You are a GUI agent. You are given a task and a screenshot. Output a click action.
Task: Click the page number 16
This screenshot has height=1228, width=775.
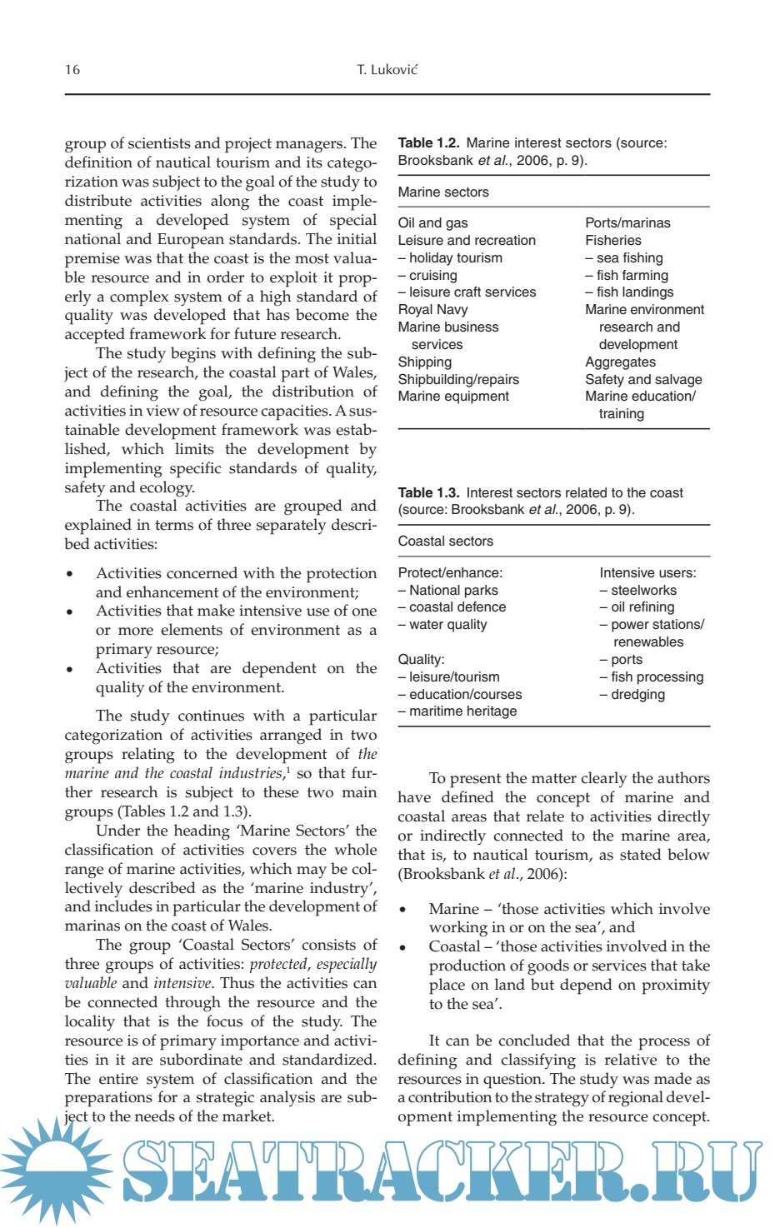pyautogui.click(x=72, y=69)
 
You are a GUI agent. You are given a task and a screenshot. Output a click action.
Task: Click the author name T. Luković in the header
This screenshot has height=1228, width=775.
pyautogui.click(x=387, y=69)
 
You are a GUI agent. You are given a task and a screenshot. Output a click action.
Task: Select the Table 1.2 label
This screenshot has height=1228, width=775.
pyautogui.click(x=428, y=143)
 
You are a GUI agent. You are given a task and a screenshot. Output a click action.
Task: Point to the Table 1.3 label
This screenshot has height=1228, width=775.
pyautogui.click(x=428, y=493)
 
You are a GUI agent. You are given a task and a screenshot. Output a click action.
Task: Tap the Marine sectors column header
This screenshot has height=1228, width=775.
pyautogui.click(x=443, y=192)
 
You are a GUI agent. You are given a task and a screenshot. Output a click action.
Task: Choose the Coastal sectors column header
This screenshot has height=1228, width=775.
pyautogui.click(x=445, y=542)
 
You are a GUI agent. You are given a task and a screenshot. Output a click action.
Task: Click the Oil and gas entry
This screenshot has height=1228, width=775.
pyautogui.click(x=432, y=223)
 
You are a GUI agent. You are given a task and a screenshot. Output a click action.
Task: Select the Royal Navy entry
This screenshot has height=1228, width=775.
pyautogui.click(x=432, y=310)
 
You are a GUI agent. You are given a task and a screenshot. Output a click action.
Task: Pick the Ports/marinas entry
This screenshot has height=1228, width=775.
pyautogui.click(x=627, y=223)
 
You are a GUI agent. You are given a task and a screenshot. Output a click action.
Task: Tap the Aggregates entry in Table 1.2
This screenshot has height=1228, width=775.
pyautogui.click(x=620, y=362)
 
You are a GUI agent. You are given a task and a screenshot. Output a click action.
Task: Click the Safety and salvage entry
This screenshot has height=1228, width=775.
pyautogui.click(x=643, y=380)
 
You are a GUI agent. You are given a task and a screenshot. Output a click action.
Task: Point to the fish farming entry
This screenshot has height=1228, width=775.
pyautogui.click(x=627, y=276)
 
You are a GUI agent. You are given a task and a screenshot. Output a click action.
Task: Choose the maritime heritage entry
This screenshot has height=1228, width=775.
pyautogui.click(x=457, y=711)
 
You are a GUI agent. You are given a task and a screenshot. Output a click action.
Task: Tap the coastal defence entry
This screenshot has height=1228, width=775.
pyautogui.click(x=452, y=607)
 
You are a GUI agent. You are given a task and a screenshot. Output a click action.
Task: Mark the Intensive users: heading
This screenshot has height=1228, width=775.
pyautogui.click(x=647, y=573)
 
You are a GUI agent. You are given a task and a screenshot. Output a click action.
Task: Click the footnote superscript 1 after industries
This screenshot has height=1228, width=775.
pyautogui.click(x=287, y=768)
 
